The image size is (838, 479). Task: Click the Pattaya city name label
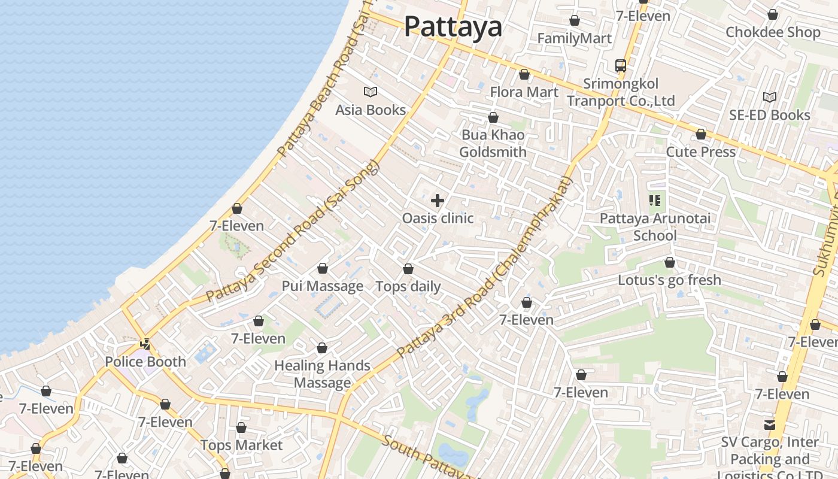pos(453,26)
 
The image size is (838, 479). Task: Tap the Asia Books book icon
pos(371,92)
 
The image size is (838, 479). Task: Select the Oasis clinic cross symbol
pos(438,201)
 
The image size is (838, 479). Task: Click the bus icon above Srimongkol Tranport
pos(621,65)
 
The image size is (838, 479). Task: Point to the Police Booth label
pos(145,362)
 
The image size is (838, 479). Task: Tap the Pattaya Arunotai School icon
pos(655,201)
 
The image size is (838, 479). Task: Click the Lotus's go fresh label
pos(669,280)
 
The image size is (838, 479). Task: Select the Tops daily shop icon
pos(408,269)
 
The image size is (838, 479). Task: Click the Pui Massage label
pos(323,286)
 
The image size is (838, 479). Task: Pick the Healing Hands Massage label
pos(322,374)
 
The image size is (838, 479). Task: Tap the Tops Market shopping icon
pos(241,428)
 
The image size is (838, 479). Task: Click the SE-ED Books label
pos(769,115)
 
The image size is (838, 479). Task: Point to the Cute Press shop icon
pos(701,134)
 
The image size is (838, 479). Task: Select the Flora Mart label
pos(524,92)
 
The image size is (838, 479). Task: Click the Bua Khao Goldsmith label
pos(493,143)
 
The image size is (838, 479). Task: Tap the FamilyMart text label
pos(574,38)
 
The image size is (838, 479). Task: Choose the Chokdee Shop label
pos(773,32)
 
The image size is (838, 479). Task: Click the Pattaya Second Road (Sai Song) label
pos(293,232)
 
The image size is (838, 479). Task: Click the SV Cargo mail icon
pos(769,425)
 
